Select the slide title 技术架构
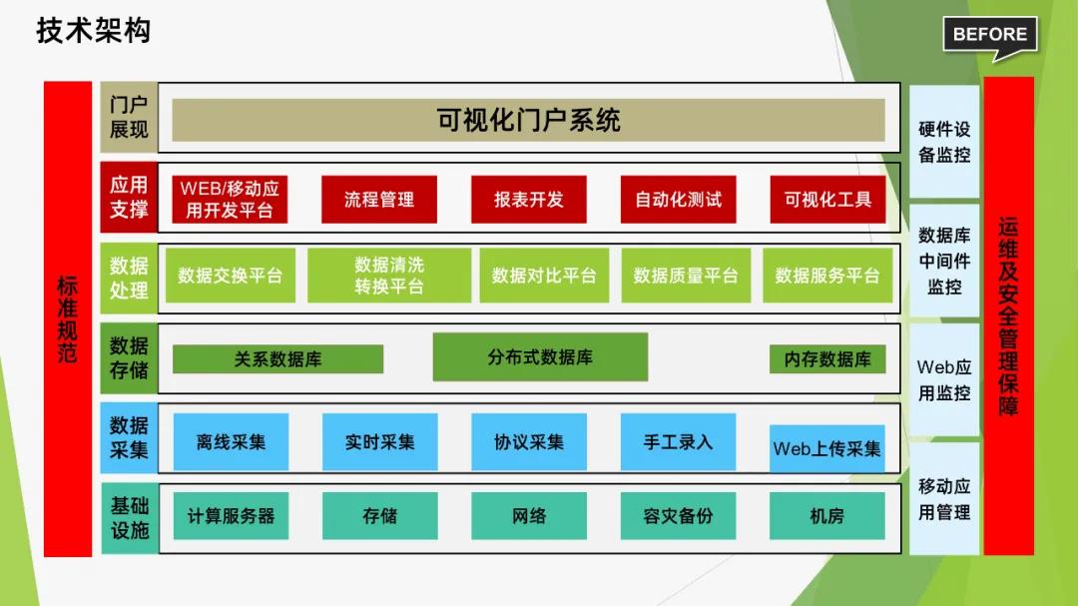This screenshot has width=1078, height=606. pyautogui.click(x=94, y=31)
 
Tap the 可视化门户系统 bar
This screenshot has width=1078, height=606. pyautogui.click(x=528, y=120)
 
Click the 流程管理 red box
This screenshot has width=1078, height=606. pyautogui.click(x=379, y=200)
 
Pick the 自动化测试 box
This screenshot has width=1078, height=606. pyautogui.click(x=678, y=200)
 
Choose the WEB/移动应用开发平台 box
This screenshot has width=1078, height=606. pyautogui.click(x=230, y=200)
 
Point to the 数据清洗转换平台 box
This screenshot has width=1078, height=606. pyautogui.click(x=389, y=276)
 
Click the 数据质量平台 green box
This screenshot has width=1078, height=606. pyautogui.click(x=686, y=276)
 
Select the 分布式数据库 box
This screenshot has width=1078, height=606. pyautogui.click(x=540, y=357)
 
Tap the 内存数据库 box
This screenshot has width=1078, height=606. pyautogui.click(x=827, y=359)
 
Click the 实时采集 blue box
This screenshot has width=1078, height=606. pyautogui.click(x=379, y=441)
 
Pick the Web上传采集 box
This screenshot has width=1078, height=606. pyautogui.click(x=827, y=449)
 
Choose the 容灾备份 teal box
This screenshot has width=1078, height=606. pyautogui.click(x=678, y=516)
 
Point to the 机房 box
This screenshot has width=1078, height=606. pyautogui.click(x=827, y=516)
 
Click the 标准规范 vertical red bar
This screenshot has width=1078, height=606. pyautogui.click(x=68, y=319)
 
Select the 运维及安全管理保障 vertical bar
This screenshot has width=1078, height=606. pyautogui.click(x=1008, y=315)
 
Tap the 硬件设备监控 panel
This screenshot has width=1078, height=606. pyautogui.click(x=944, y=142)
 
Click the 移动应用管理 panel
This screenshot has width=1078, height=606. pyautogui.click(x=944, y=499)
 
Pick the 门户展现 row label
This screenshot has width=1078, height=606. pyautogui.click(x=129, y=117)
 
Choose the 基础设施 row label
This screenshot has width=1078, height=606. pyautogui.click(x=129, y=518)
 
